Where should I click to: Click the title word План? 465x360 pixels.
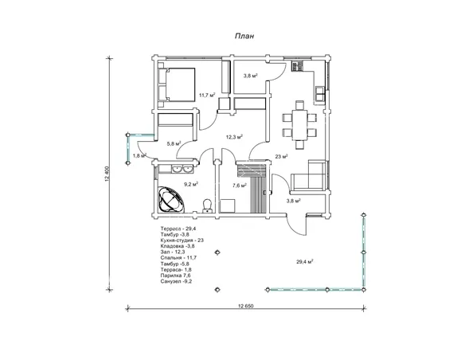click(x=244, y=36)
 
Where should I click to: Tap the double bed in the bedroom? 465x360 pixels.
click(x=177, y=84)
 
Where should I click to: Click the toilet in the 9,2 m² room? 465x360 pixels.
click(x=207, y=205)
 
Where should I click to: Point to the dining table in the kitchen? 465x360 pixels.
click(x=299, y=125)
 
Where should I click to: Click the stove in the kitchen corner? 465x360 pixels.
click(x=297, y=66)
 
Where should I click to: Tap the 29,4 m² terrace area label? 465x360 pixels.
click(x=305, y=261)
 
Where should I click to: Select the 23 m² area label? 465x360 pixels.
click(x=281, y=156)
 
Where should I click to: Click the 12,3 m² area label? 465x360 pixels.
click(x=234, y=137)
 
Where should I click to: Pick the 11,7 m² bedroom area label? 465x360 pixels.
click(x=207, y=96)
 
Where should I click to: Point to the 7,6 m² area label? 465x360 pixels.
click(x=240, y=186)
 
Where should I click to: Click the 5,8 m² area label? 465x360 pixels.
click(x=174, y=144)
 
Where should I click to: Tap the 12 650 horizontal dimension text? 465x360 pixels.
click(x=245, y=306)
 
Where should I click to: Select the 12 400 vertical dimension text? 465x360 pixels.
click(x=107, y=174)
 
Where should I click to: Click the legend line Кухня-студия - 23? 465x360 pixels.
click(x=182, y=241)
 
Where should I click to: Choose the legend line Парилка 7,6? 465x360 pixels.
click(x=175, y=276)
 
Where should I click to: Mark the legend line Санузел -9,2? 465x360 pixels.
click(x=176, y=281)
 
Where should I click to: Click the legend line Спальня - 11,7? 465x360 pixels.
click(x=178, y=258)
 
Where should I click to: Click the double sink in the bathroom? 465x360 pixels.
click(x=182, y=170)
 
